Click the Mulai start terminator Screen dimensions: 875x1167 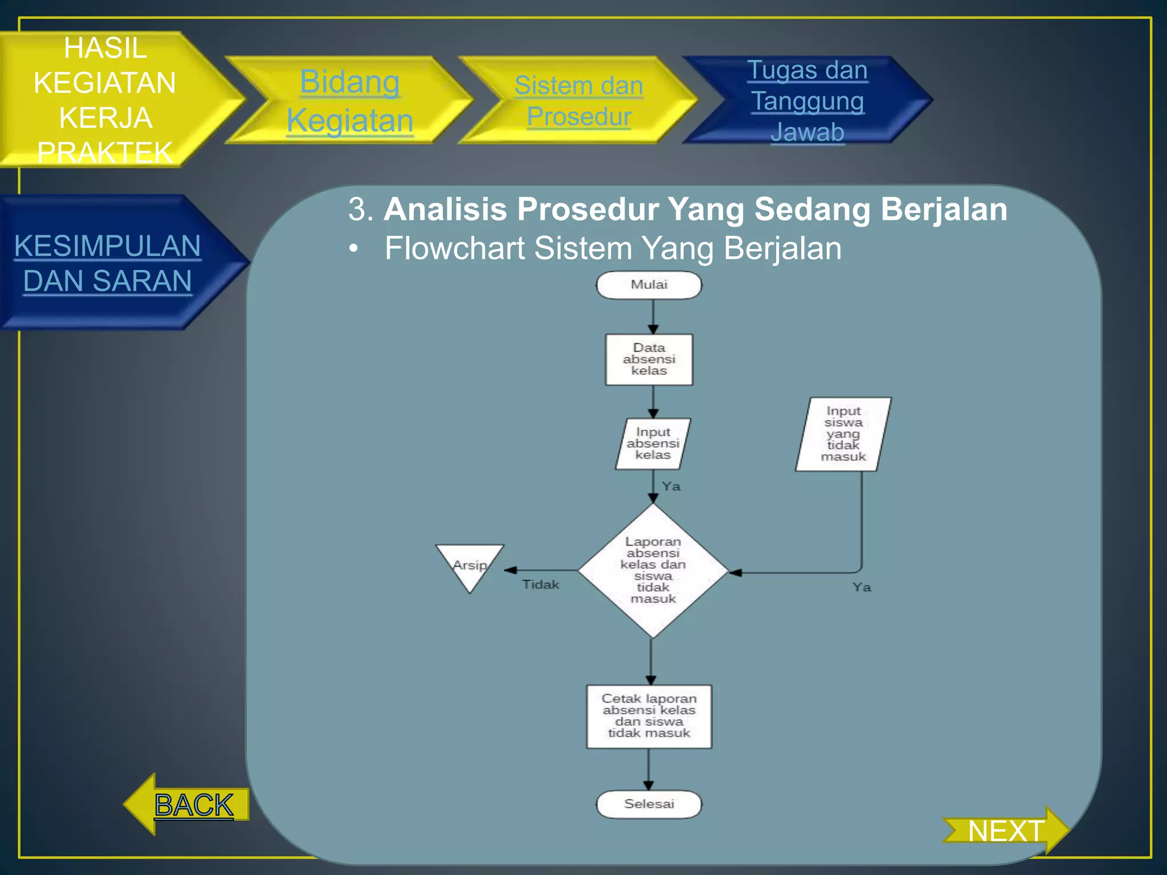click(648, 285)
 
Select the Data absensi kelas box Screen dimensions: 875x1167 click(648, 359)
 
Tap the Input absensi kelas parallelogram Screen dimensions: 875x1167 click(652, 444)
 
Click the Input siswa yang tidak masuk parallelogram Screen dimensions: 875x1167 click(843, 434)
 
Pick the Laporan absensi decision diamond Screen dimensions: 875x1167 click(653, 570)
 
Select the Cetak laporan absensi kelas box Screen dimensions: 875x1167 click(649, 716)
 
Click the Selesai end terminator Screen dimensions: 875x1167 click(648, 804)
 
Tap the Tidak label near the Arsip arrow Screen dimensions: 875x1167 click(541, 584)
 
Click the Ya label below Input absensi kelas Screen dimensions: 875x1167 click(671, 486)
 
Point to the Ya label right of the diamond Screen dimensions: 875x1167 click(862, 587)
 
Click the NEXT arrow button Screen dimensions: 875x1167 click(1006, 831)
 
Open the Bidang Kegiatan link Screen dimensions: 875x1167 click(349, 101)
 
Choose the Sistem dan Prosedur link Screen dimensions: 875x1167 click(578, 101)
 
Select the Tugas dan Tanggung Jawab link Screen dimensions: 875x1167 click(807, 101)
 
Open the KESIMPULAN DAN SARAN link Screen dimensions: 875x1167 click(107, 263)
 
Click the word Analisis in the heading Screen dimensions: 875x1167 click(445, 209)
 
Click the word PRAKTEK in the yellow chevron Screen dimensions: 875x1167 click(105, 152)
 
